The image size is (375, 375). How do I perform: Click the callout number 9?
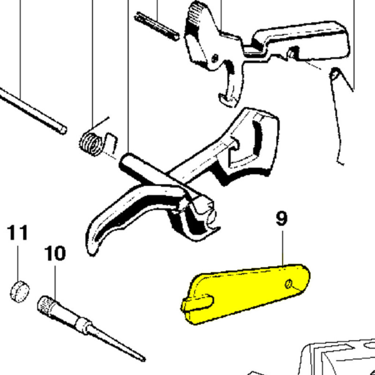tap(282, 219)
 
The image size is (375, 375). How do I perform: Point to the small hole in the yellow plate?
tap(289, 284)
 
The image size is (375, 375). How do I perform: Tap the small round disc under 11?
tap(20, 291)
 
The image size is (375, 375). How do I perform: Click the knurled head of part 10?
tap(47, 307)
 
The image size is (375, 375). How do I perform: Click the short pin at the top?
tap(157, 26)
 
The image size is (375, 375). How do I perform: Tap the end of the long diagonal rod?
tap(64, 130)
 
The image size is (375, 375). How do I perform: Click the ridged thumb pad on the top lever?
tap(195, 18)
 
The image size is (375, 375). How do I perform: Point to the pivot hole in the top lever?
tap(215, 58)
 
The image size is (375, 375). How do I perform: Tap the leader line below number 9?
tap(282, 248)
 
